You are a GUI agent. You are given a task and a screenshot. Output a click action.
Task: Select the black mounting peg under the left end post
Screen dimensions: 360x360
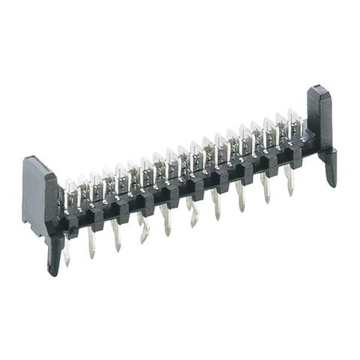coord(55,255)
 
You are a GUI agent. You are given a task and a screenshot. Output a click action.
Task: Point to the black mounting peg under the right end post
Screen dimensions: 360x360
coord(331,169)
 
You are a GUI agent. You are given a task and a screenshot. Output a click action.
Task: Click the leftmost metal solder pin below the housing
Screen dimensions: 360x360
coord(67,251)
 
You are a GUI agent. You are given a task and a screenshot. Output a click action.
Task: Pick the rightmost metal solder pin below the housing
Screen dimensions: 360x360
coord(289,180)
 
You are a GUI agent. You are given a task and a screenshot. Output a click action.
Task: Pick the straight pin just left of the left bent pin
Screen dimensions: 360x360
coord(116,235)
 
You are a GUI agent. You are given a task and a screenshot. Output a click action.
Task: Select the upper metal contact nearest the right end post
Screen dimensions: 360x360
coord(293,123)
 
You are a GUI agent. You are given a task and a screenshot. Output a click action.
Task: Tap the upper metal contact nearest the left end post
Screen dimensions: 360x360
coord(70,190)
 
